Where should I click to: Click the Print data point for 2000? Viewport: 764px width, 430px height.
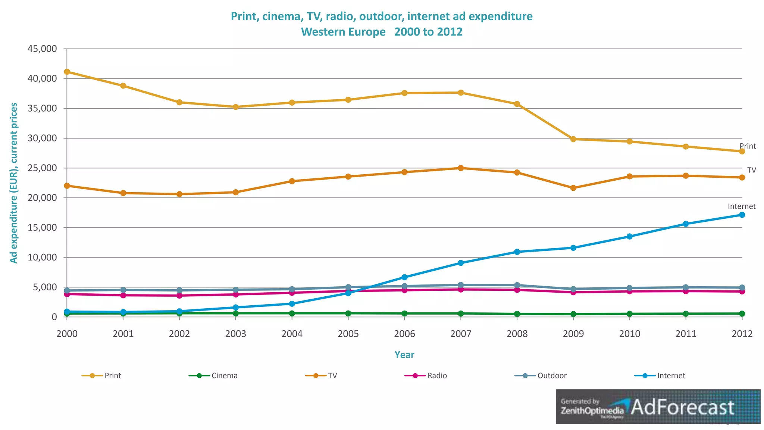(67, 72)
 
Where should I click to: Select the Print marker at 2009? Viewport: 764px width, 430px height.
(573, 139)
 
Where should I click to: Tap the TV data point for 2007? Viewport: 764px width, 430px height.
(461, 168)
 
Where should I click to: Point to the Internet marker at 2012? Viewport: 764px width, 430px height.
(742, 215)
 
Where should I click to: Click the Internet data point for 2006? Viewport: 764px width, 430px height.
(404, 277)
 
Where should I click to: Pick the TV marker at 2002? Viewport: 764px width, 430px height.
(179, 194)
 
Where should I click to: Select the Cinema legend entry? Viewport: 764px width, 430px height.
(213, 376)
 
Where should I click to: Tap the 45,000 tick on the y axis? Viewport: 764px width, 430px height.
(42, 49)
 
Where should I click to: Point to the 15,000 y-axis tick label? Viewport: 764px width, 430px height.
(42, 228)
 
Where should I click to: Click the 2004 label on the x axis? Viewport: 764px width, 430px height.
(292, 334)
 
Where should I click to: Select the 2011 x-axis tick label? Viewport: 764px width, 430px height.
(686, 334)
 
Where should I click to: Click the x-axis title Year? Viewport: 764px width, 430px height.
(404, 355)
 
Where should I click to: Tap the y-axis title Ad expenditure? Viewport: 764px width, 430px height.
(14, 183)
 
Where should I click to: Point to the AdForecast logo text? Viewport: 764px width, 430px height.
(682, 407)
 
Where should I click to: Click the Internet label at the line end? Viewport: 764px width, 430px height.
(741, 206)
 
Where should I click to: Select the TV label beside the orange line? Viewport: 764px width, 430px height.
(751, 170)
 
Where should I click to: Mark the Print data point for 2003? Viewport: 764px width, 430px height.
(236, 107)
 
